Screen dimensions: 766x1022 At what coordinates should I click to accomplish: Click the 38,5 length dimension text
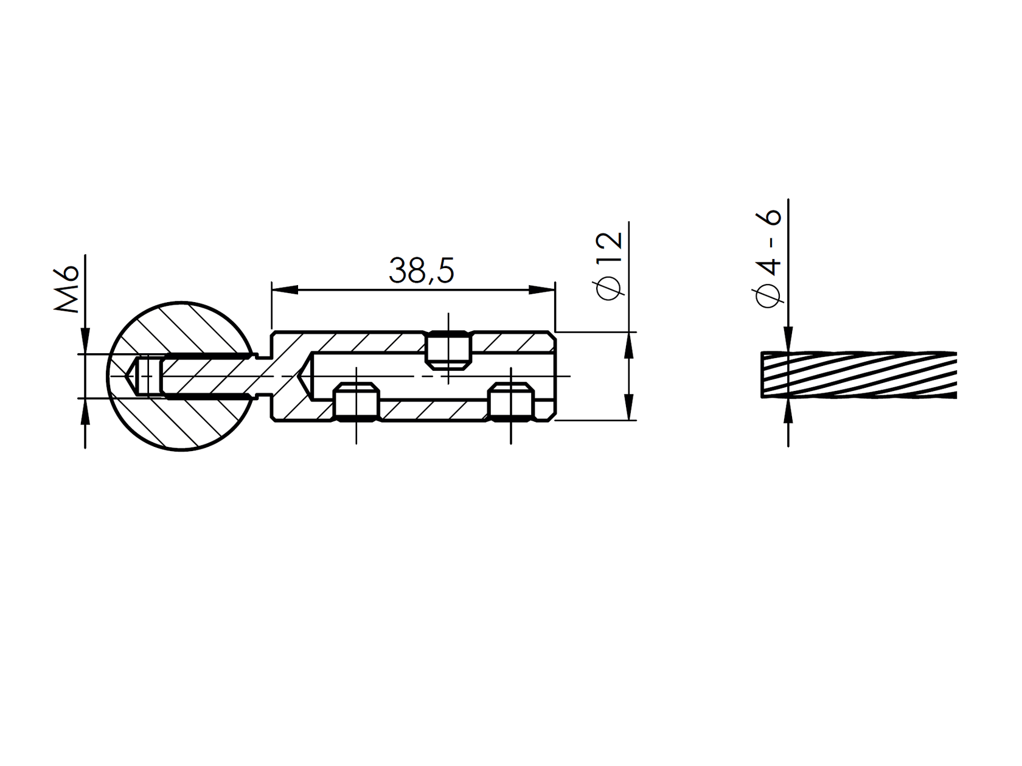click(x=422, y=272)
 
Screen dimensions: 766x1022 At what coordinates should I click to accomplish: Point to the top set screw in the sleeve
click(x=448, y=350)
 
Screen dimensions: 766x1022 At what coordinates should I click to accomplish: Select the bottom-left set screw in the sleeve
click(x=356, y=402)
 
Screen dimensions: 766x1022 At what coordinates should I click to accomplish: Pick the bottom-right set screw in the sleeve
click(x=511, y=402)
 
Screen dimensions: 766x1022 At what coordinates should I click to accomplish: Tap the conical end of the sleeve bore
click(x=307, y=377)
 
